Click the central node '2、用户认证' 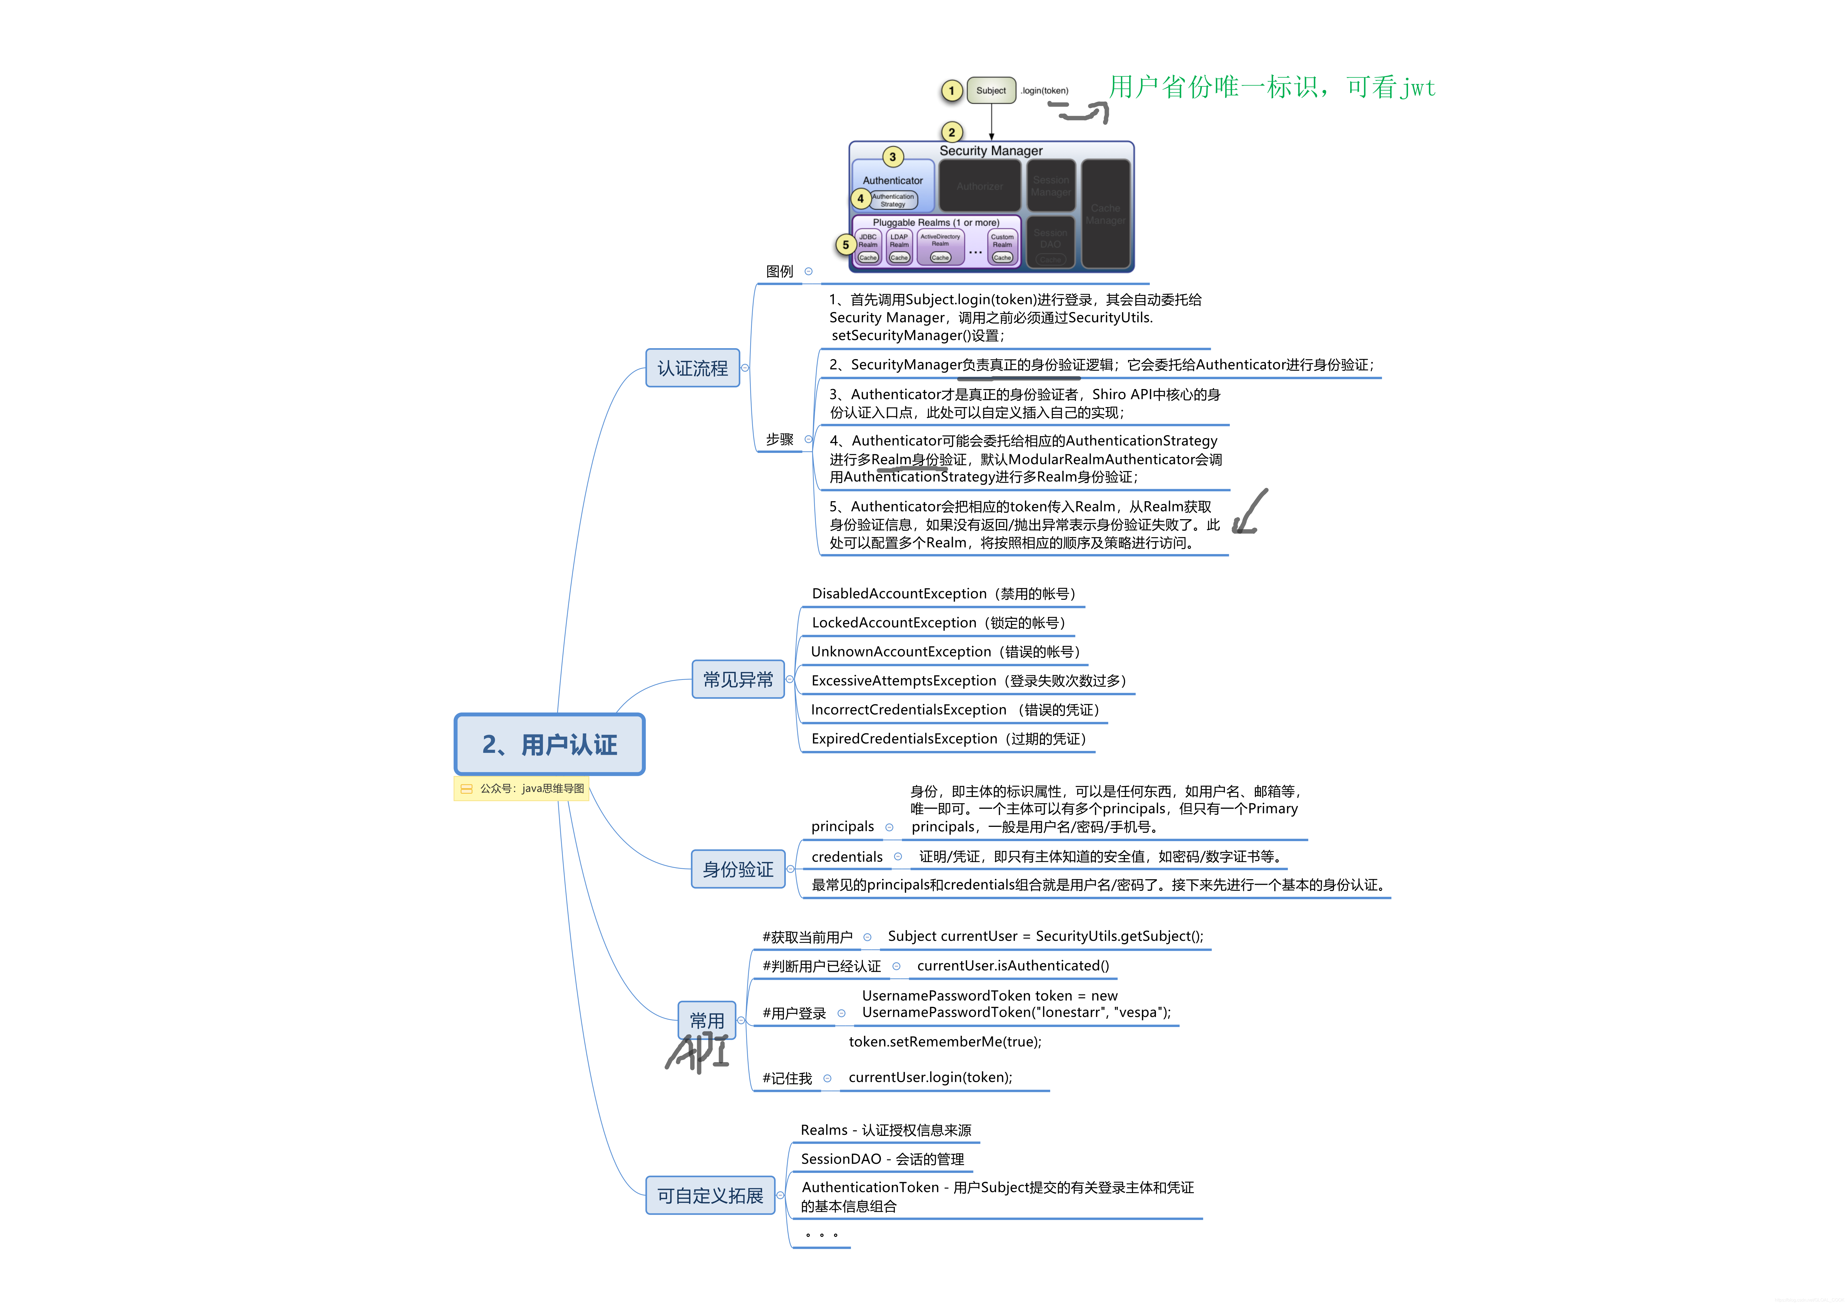(549, 744)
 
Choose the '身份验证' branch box (738, 869)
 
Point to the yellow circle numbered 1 (952, 91)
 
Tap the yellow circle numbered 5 (845, 245)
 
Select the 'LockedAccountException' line (938, 623)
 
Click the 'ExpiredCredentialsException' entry (948, 739)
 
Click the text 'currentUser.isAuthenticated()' (1013, 966)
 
